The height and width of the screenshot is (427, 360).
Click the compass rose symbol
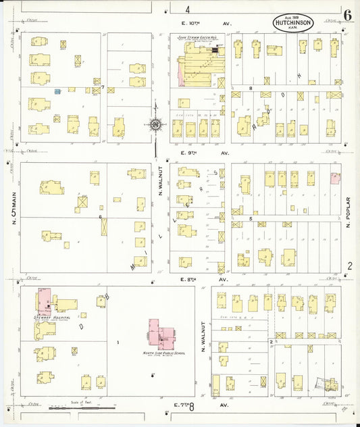click(155, 125)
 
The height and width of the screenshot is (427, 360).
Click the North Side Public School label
click(161, 353)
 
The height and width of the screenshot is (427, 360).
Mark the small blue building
click(57, 91)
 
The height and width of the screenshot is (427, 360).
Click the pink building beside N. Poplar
click(335, 178)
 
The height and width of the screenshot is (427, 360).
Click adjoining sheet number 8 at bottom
click(192, 407)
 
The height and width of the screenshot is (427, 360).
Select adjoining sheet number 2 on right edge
click(350, 266)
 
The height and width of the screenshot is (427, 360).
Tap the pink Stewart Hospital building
click(43, 301)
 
